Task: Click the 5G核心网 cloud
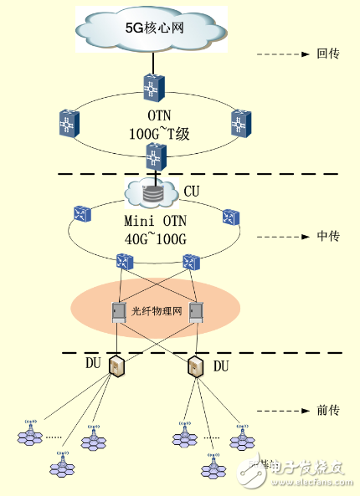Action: [x=153, y=28]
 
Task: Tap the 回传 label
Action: [x=328, y=54]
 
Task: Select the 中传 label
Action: [x=328, y=237]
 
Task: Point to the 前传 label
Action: [x=328, y=411]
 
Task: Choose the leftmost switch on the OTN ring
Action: [x=69, y=124]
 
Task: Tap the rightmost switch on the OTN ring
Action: [x=241, y=124]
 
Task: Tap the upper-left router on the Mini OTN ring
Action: [x=81, y=214]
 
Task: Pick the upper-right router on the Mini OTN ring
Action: [x=230, y=217]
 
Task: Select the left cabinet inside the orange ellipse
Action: [x=119, y=313]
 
